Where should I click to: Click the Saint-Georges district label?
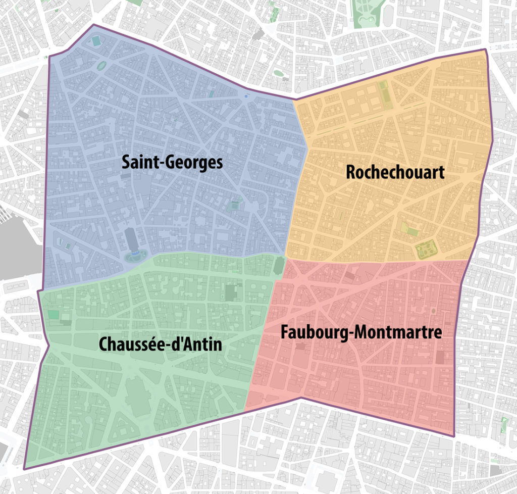tap(172, 163)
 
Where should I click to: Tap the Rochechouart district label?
tap(395, 172)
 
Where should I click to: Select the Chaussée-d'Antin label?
tap(161, 344)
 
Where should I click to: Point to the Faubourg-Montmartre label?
tap(361, 332)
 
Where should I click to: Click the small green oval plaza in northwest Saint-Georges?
tap(102, 66)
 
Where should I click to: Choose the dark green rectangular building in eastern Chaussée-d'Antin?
tap(231, 292)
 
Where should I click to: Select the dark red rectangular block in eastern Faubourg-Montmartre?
tap(441, 357)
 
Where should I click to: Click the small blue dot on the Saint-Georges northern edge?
tap(246, 95)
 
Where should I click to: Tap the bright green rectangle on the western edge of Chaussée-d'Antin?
tap(54, 315)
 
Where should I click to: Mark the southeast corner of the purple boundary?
tap(454, 436)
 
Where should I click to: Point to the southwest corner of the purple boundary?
tap(24, 469)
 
